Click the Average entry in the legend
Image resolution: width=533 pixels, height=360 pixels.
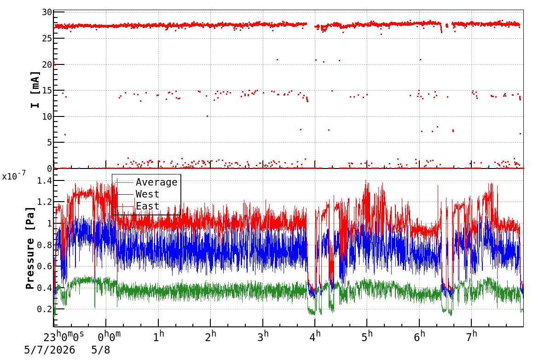point(156,182)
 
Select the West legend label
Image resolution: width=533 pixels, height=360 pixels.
point(147,194)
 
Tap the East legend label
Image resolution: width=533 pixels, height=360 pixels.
point(147,206)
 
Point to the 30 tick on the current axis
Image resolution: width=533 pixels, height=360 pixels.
point(47,12)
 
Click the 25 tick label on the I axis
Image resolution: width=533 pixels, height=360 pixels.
point(47,38)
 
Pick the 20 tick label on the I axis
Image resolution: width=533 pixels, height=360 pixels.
point(47,64)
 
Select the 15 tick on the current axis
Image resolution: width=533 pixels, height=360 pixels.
point(47,90)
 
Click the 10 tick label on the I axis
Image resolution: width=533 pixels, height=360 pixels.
point(47,116)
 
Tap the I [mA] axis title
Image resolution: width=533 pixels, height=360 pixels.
point(35,90)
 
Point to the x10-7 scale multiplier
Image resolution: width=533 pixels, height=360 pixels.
point(14,176)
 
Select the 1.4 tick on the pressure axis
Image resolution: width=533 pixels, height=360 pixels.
point(45,180)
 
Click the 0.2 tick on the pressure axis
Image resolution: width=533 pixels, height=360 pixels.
point(45,309)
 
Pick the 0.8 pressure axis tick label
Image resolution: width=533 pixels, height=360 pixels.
point(45,245)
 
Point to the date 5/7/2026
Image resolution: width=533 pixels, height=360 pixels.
point(50,350)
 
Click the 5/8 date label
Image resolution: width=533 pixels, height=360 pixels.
point(101,350)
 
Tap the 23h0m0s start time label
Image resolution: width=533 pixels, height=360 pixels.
point(64,336)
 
